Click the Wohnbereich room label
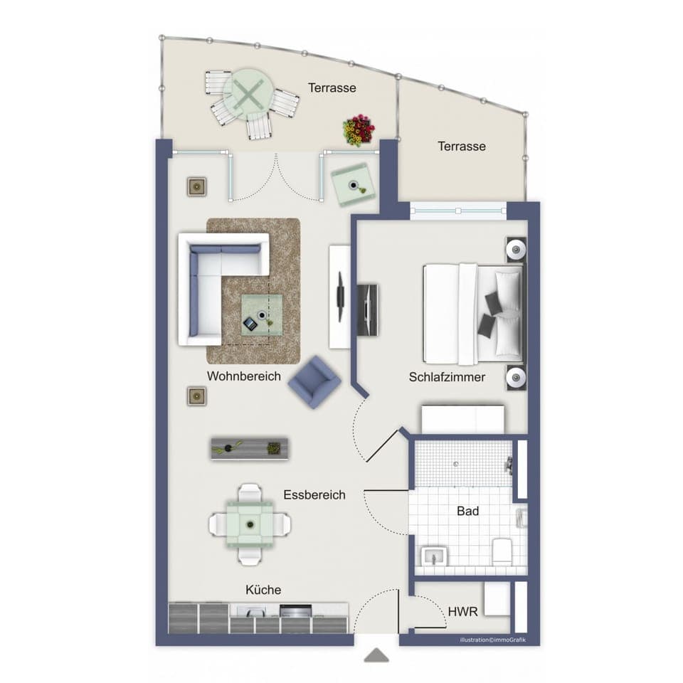[244, 376]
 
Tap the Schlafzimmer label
[447, 377]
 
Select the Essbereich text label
[314, 494]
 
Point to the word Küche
[263, 590]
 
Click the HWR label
[462, 611]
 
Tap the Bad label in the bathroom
[467, 511]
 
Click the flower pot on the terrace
[359, 129]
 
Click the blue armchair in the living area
[314, 382]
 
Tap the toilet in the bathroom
[502, 551]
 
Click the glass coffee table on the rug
[260, 316]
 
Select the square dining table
[250, 524]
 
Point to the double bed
[473, 314]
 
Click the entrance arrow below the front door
[376, 655]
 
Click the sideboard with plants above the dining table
[250, 448]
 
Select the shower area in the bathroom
[463, 463]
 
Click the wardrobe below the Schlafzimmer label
[463, 419]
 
